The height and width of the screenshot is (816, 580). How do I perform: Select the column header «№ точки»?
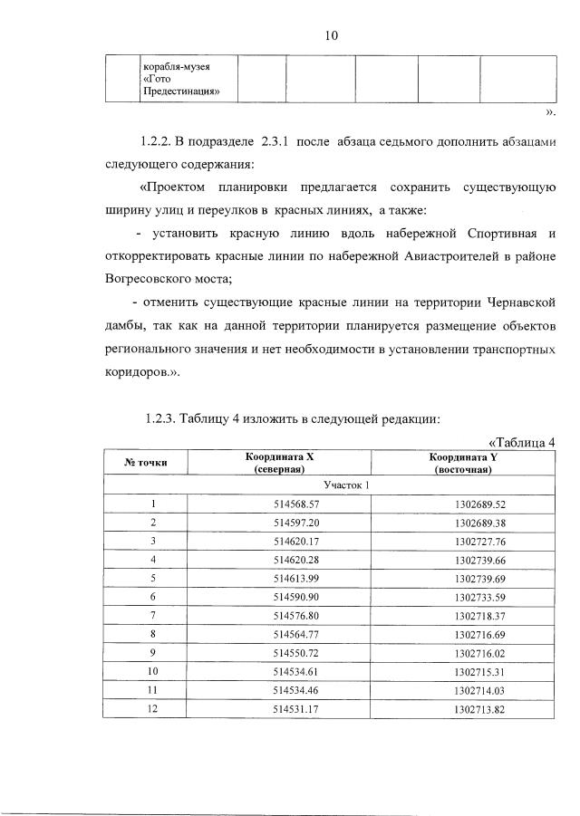(145, 464)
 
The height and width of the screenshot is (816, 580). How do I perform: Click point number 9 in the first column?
(153, 653)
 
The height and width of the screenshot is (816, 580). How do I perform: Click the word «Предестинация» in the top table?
(182, 91)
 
